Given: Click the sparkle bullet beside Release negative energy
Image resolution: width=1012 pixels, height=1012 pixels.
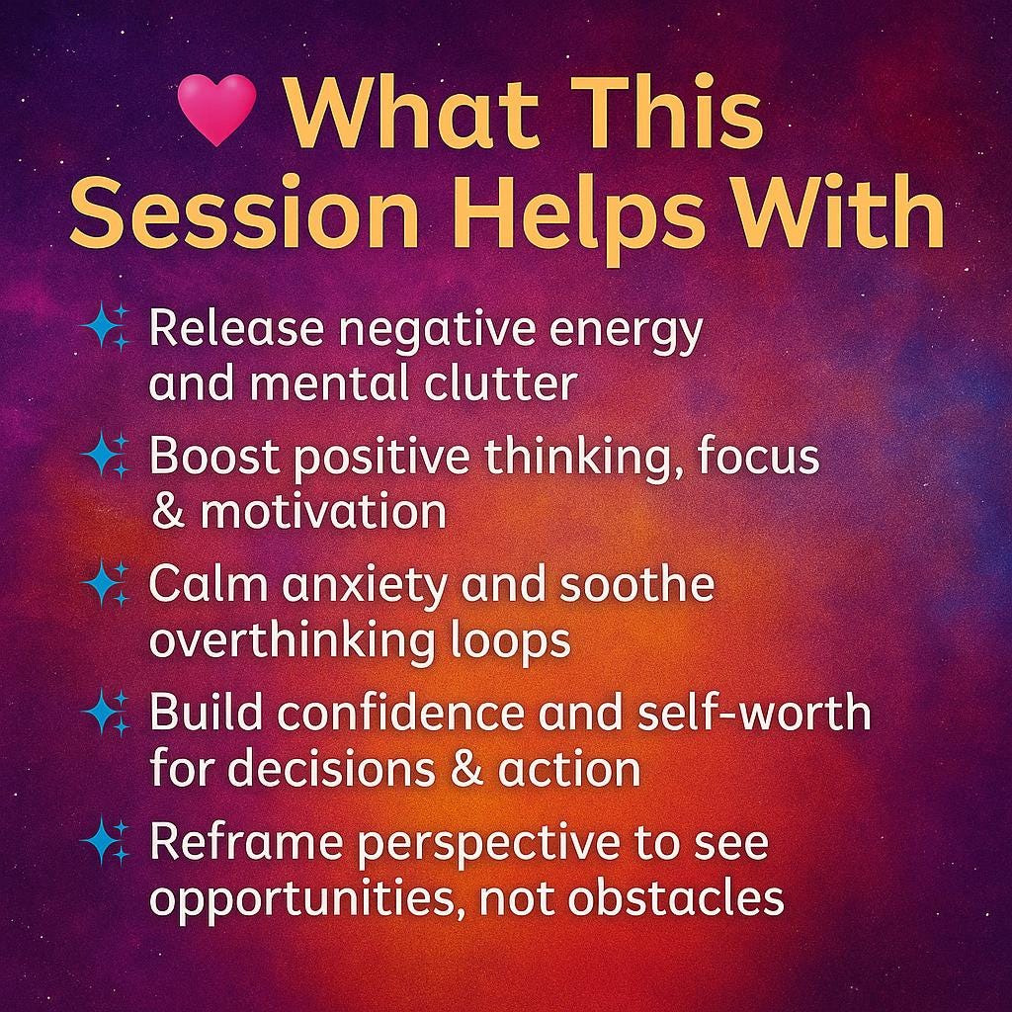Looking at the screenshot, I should pyautogui.click(x=106, y=327).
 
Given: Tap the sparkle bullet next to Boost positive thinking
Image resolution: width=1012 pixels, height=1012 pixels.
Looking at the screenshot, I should pyautogui.click(x=106, y=456).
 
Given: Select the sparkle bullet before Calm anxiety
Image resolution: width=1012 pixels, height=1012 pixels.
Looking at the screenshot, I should pyautogui.click(x=106, y=583).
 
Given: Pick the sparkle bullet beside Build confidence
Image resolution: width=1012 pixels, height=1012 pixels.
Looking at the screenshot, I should pyautogui.click(x=106, y=713).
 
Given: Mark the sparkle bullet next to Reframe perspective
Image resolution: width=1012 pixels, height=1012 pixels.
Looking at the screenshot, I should pyautogui.click(x=106, y=842).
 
